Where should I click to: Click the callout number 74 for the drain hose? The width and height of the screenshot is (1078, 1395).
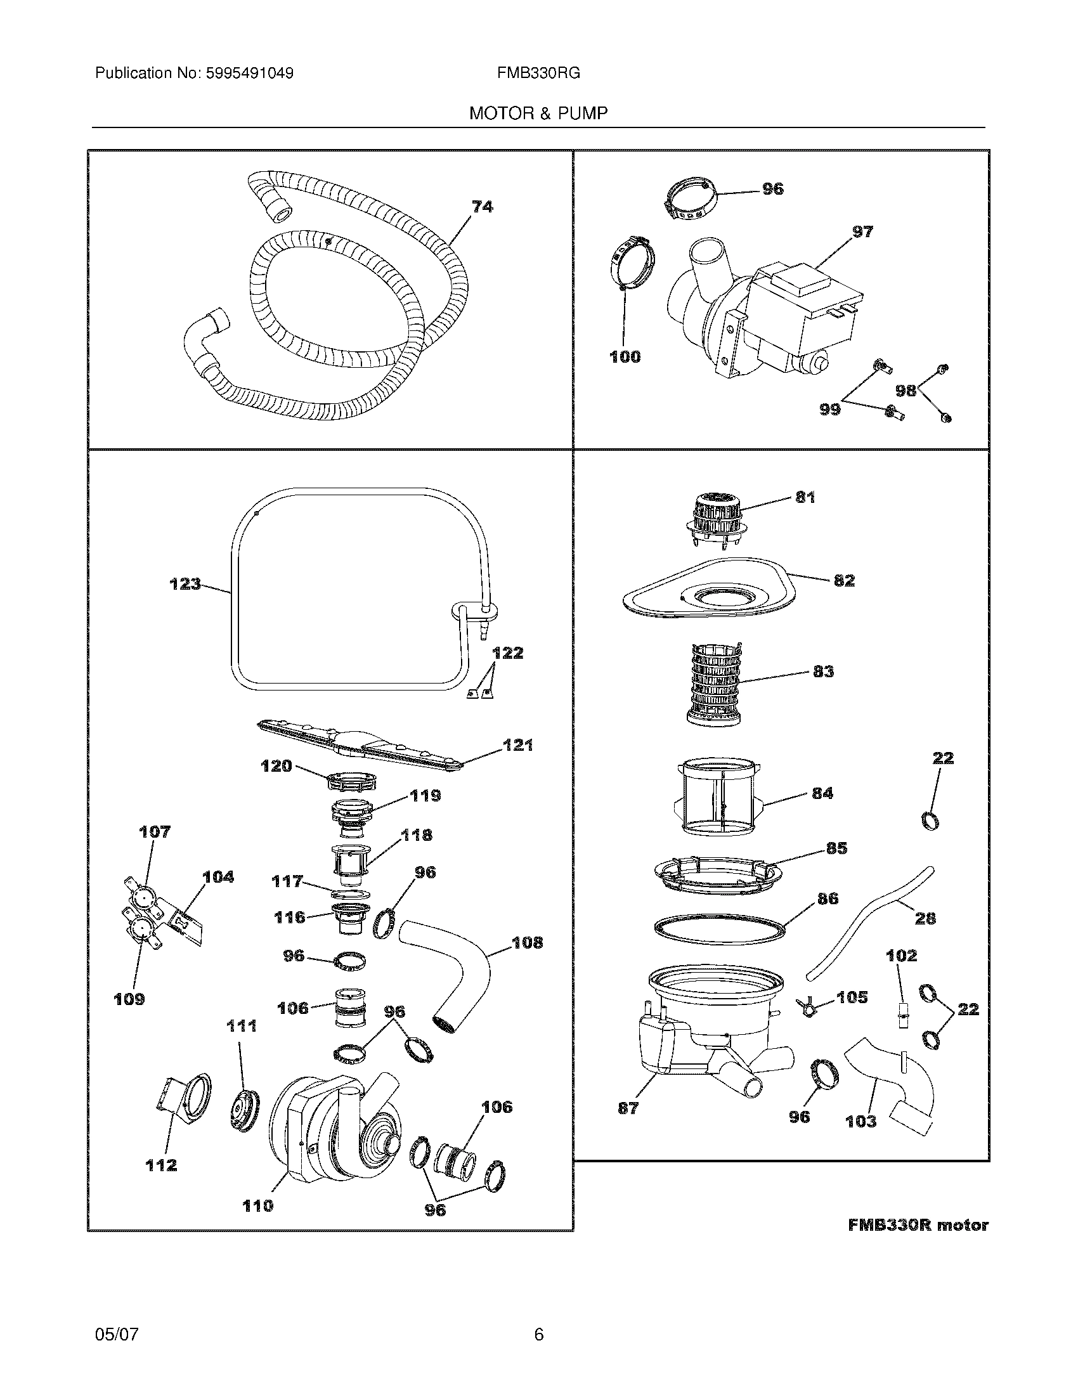(x=482, y=206)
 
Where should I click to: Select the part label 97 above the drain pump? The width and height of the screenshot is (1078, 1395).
(x=862, y=232)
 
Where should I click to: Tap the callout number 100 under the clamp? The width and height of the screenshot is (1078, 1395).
(x=625, y=357)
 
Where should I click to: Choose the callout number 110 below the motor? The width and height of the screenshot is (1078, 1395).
(x=257, y=1206)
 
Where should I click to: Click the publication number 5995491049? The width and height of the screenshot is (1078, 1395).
(x=249, y=74)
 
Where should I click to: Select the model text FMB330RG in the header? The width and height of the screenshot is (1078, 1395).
(x=538, y=74)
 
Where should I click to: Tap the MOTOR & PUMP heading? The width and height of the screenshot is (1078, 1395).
(x=538, y=114)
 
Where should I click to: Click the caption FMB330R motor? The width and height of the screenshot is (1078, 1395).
(x=918, y=1226)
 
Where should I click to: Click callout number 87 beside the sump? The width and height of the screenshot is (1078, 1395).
(x=628, y=1108)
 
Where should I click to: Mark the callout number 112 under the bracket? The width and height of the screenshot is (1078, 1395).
(x=161, y=1165)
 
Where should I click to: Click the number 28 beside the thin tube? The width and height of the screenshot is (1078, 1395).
(x=925, y=919)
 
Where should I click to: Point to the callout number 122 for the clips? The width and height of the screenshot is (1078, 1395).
(x=507, y=652)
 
